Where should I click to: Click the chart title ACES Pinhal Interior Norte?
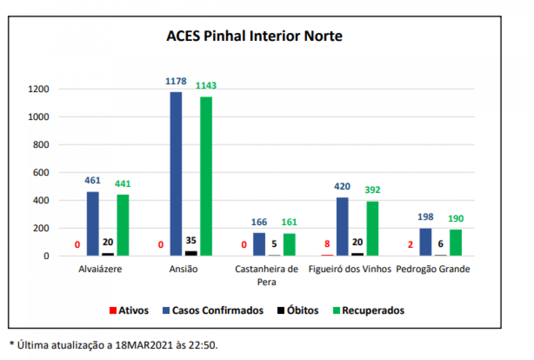pyautogui.click(x=254, y=36)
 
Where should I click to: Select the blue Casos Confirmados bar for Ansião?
pyautogui.click(x=176, y=174)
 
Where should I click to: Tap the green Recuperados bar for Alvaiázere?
pyautogui.click(x=123, y=225)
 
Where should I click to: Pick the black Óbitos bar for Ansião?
pyautogui.click(x=191, y=253)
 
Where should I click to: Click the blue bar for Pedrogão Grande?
pyautogui.click(x=425, y=242)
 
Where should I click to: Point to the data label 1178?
pyautogui.click(x=175, y=81)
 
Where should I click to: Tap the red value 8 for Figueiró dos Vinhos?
pyautogui.click(x=327, y=244)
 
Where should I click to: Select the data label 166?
pyautogui.click(x=259, y=222)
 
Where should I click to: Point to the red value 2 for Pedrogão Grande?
pyautogui.click(x=410, y=244)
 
